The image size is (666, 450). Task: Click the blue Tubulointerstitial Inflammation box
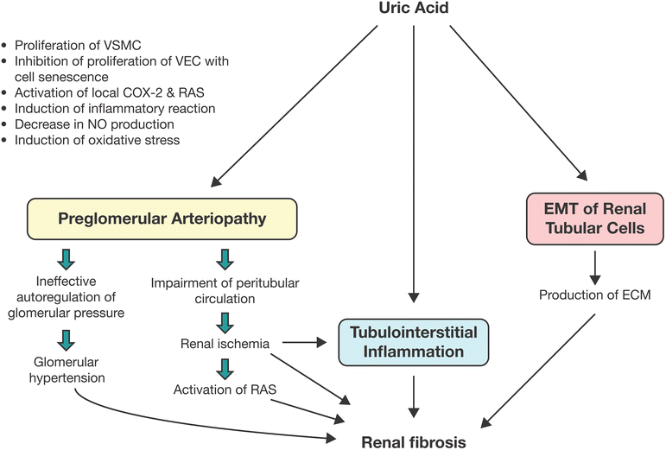coord(415,343)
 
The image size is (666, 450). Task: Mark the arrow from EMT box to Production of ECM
coord(593,268)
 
